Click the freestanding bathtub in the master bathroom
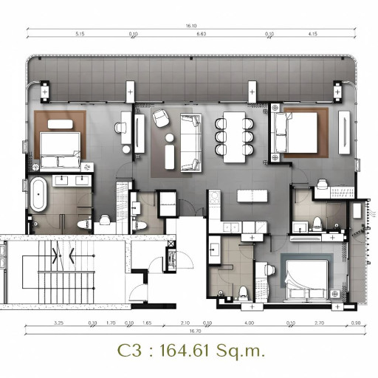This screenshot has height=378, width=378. [x=38, y=193]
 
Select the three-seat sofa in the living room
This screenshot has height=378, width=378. [x=190, y=142]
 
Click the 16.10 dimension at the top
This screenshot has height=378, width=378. [x=191, y=26]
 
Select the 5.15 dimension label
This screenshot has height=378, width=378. [x=80, y=34]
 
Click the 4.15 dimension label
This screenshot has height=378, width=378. [x=313, y=34]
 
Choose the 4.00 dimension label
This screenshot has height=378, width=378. [x=250, y=323]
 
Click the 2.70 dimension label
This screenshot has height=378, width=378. [x=319, y=323]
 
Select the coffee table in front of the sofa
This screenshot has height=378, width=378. [x=171, y=156]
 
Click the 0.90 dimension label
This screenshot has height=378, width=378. [x=357, y=323]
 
